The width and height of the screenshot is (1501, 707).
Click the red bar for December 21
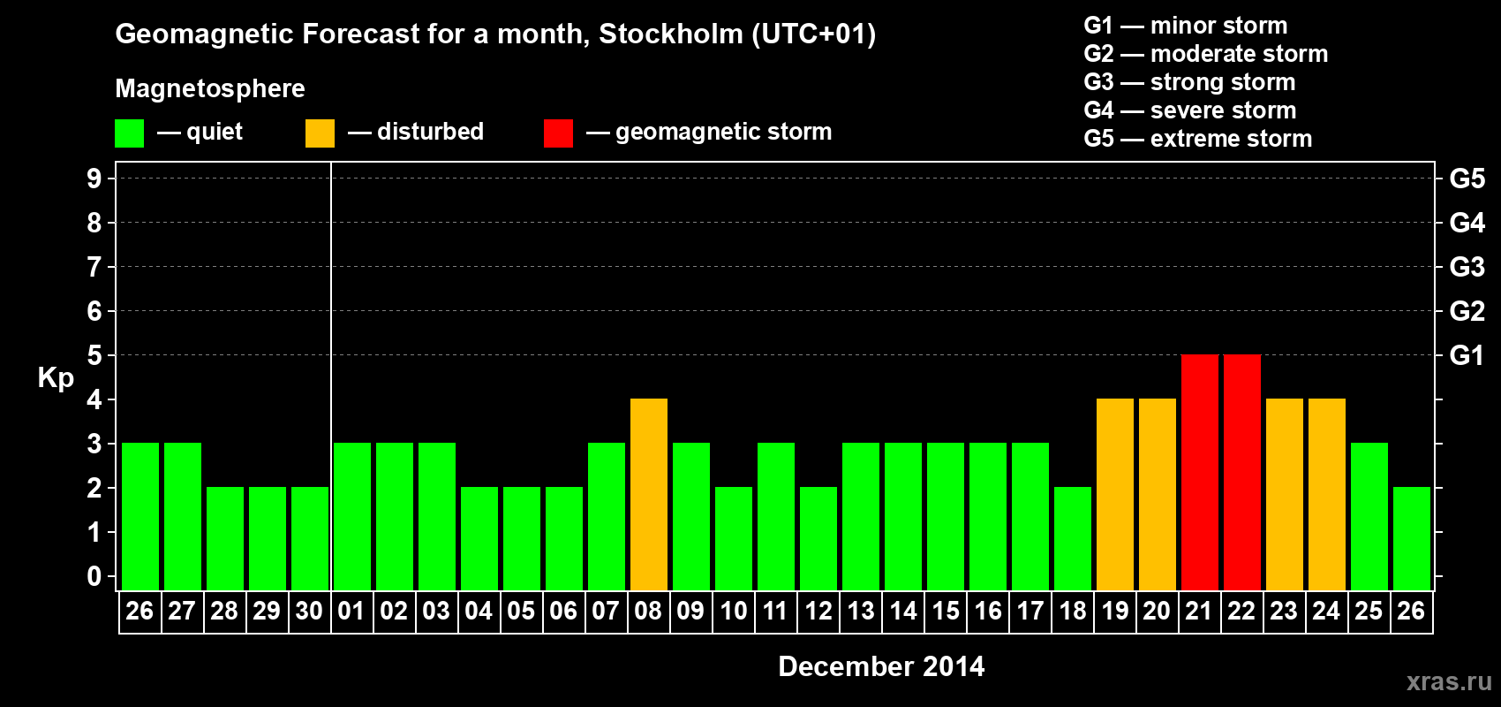click(1199, 473)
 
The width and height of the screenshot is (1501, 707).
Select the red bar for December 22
click(1241, 473)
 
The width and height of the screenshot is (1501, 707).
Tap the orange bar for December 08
click(648, 495)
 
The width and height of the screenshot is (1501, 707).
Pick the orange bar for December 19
click(1114, 495)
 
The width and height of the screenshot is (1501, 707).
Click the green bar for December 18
click(1072, 539)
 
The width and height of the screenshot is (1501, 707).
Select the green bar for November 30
click(309, 539)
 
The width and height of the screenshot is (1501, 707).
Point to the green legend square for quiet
click(129, 133)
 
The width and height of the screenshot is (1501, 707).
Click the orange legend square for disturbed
click(320, 133)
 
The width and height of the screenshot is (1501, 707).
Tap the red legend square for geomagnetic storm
click(558, 133)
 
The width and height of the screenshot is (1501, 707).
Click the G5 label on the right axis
click(1467, 179)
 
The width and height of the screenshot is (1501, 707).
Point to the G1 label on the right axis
click(1467, 355)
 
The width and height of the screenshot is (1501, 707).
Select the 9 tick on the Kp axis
click(94, 179)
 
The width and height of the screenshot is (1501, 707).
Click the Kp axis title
click(56, 377)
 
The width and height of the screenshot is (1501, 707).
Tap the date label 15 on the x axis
click(945, 611)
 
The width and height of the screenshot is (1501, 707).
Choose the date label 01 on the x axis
click(351, 611)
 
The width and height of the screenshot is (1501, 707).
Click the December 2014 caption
click(881, 666)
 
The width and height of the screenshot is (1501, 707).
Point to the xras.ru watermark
click(1448, 681)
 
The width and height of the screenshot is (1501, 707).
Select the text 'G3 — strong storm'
click(1189, 82)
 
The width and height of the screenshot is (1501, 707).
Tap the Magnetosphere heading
click(210, 88)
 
